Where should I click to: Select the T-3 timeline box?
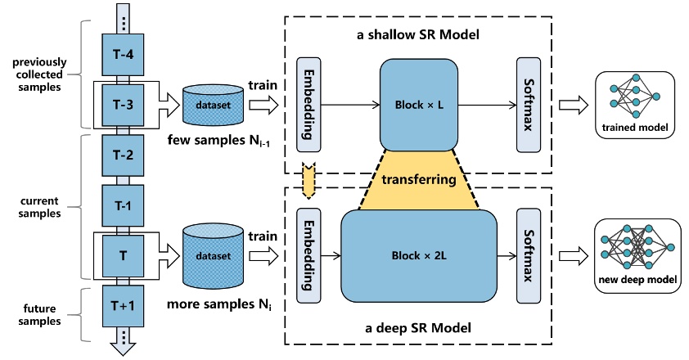(x=122, y=103)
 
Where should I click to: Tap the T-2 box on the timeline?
(x=122, y=154)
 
